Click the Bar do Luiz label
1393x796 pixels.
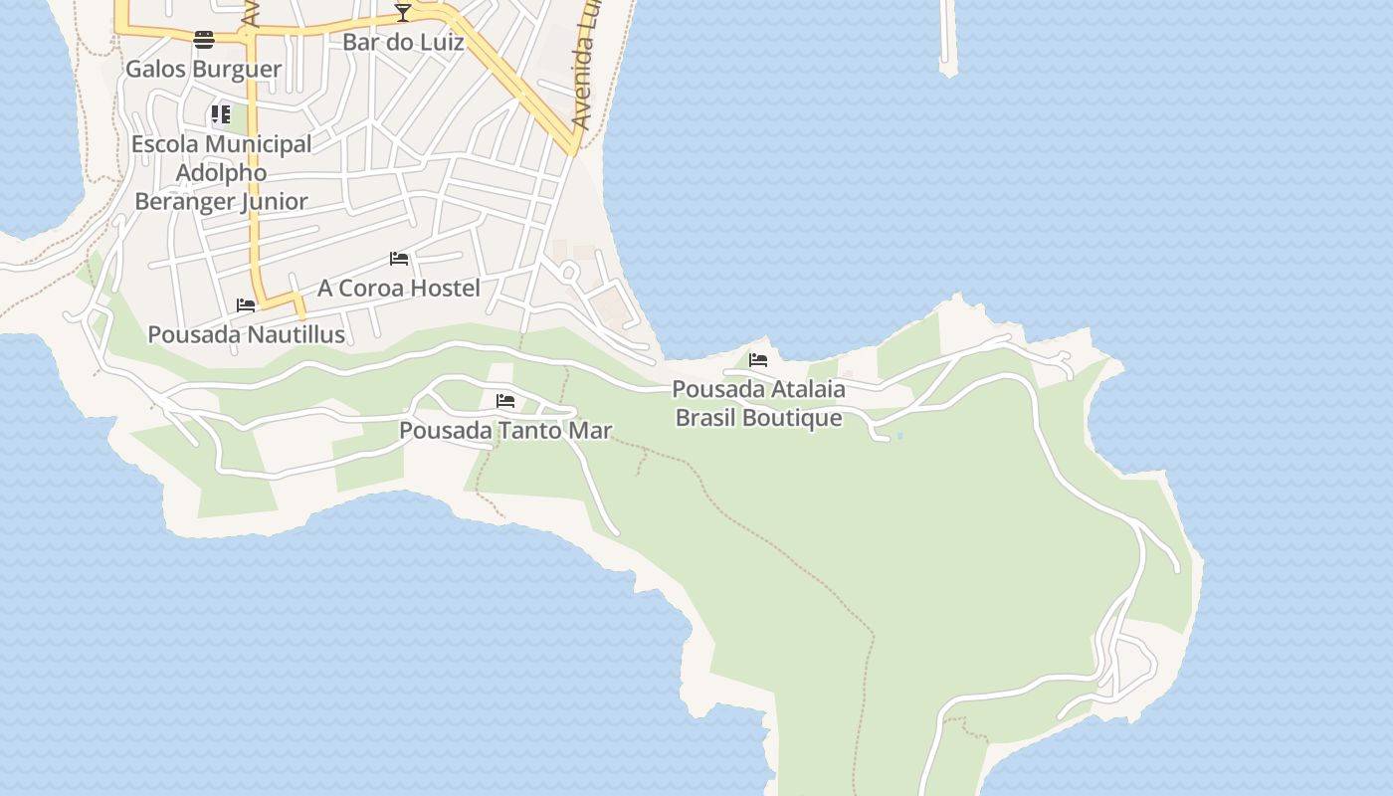[403, 43]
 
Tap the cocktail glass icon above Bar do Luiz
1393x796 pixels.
[402, 12]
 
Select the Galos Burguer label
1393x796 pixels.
[203, 69]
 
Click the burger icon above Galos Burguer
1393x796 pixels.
[204, 40]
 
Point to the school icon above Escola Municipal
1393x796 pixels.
[220, 114]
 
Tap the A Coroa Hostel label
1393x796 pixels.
[399, 288]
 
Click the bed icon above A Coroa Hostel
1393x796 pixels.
[399, 259]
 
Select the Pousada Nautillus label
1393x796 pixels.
[246, 334]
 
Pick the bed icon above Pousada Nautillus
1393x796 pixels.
[246, 305]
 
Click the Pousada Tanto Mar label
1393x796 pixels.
[505, 430]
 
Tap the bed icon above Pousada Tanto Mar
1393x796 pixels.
[505, 401]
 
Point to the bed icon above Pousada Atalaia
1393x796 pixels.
[758, 360]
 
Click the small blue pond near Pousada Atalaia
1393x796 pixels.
[899, 436]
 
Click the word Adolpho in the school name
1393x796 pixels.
[221, 172]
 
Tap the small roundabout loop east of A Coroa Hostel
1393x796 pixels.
[569, 271]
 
